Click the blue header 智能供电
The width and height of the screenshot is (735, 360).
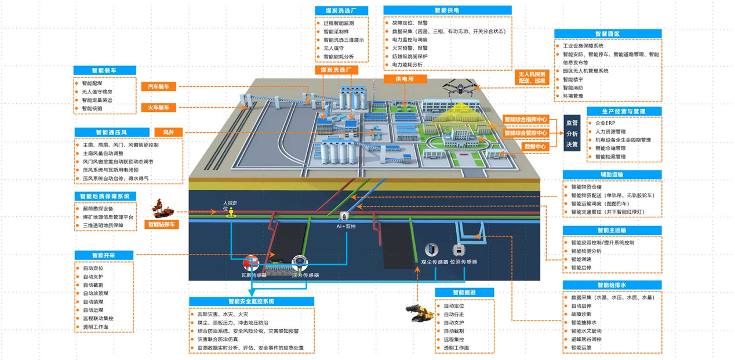(447, 10)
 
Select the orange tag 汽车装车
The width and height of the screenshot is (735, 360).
(158, 86)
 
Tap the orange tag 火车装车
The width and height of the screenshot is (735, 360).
(158, 108)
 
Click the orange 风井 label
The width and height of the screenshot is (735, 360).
(168, 132)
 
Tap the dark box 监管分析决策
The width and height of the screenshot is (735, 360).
(572, 133)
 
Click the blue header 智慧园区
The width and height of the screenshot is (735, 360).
(607, 34)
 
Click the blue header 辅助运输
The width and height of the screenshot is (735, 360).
(612, 174)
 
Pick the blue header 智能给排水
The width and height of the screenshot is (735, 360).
(612, 285)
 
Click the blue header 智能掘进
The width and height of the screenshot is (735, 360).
(465, 293)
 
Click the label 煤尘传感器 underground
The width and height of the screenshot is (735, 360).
(435, 261)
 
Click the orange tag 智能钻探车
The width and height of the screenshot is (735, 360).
(163, 224)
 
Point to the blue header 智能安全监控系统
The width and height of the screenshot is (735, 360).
(251, 301)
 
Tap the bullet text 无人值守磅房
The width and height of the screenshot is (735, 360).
(97, 92)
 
